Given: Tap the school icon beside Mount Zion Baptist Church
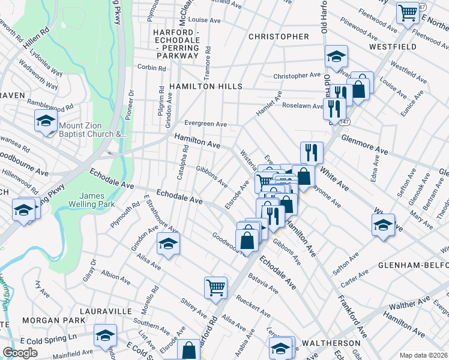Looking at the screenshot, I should click(x=45, y=121).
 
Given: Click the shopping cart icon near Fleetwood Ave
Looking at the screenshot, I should click(x=408, y=11).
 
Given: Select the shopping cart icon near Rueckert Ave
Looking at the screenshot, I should click(x=215, y=286).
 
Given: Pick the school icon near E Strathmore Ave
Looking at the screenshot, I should click(x=169, y=243).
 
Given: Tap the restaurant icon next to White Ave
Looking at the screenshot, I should click(x=312, y=152).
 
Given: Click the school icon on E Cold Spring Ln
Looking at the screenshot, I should click(x=105, y=335).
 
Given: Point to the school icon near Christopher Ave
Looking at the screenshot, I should click(x=336, y=56).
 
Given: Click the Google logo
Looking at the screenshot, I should click(x=20, y=353).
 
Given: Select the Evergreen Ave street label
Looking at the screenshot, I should click(x=205, y=124).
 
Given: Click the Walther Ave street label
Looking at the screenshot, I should click(x=414, y=307).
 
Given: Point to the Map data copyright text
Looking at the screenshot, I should click(x=423, y=355).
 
